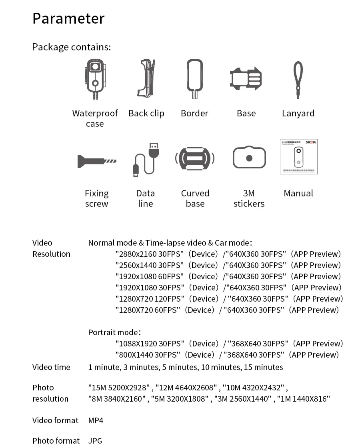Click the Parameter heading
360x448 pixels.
click(68, 18)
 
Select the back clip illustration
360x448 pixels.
click(146, 79)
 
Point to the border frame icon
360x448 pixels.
click(194, 79)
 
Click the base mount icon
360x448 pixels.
click(246, 79)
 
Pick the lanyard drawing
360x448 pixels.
click(298, 80)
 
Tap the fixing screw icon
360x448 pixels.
click(96, 161)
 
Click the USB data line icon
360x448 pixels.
click(145, 159)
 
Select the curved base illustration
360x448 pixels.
click(195, 159)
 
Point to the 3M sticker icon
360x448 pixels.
click(249, 158)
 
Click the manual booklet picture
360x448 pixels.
click(298, 157)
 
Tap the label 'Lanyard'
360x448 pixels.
click(298, 113)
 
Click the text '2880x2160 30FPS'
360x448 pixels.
click(150, 254)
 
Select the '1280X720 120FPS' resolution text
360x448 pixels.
click(150, 299)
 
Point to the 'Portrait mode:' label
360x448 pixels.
click(114, 332)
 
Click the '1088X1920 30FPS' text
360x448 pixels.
click(150, 344)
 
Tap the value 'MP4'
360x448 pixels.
click(96, 420)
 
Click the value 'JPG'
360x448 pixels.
click(95, 441)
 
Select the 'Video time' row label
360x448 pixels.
click(51, 367)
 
